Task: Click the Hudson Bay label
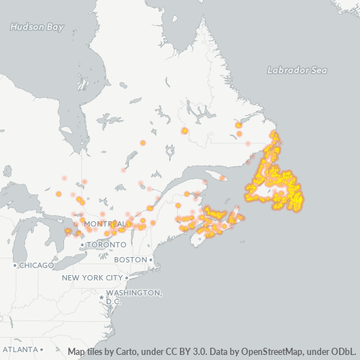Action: [36, 27]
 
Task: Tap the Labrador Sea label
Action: [297, 70]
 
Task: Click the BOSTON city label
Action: [130, 259]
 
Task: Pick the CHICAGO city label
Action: [37, 265]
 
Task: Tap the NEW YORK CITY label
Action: [92, 277]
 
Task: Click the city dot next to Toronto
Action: [83, 245]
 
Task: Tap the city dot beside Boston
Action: [151, 259]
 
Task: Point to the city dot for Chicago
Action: [14, 265]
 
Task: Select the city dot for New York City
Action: [126, 277]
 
